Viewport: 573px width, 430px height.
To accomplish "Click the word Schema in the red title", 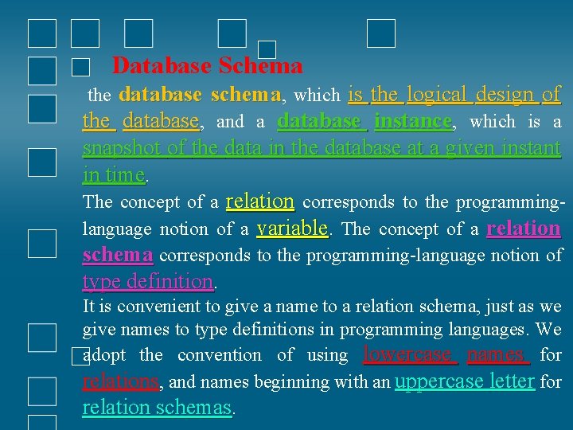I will [260, 65].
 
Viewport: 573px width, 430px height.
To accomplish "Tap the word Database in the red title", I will [162, 65].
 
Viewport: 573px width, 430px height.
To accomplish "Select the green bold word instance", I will [412, 122].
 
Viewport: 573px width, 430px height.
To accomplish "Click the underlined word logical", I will [439, 95].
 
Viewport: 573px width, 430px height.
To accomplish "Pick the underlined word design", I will [506, 95].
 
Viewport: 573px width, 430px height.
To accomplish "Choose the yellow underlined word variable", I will [293, 229].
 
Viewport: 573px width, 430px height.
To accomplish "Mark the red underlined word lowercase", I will [408, 354].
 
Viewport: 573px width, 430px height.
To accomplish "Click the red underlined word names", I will [496, 354].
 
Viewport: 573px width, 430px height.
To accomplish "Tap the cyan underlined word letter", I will [507, 381].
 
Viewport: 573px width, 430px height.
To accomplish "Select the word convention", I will [219, 355].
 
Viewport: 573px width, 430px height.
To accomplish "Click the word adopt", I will [106, 355].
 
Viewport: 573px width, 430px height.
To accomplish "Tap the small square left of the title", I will [80, 68].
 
